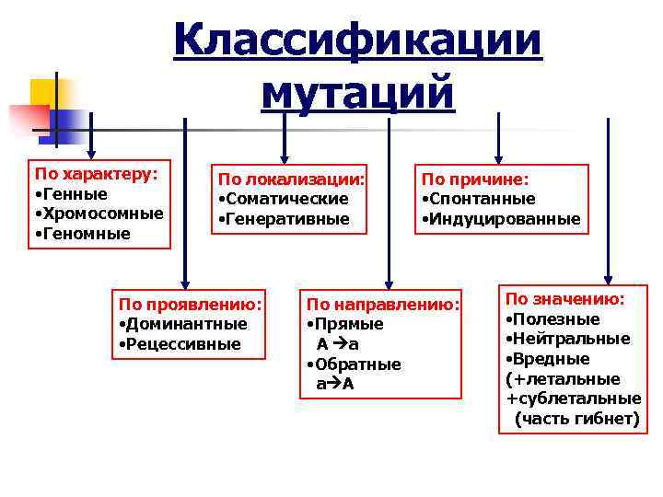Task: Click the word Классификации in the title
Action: (357, 41)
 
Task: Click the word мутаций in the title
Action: (357, 93)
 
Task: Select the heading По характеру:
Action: (96, 174)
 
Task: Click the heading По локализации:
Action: (291, 179)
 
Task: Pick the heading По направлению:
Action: (382, 304)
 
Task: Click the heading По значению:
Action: (565, 299)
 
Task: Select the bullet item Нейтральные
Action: (572, 339)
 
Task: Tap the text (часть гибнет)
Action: (576, 419)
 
